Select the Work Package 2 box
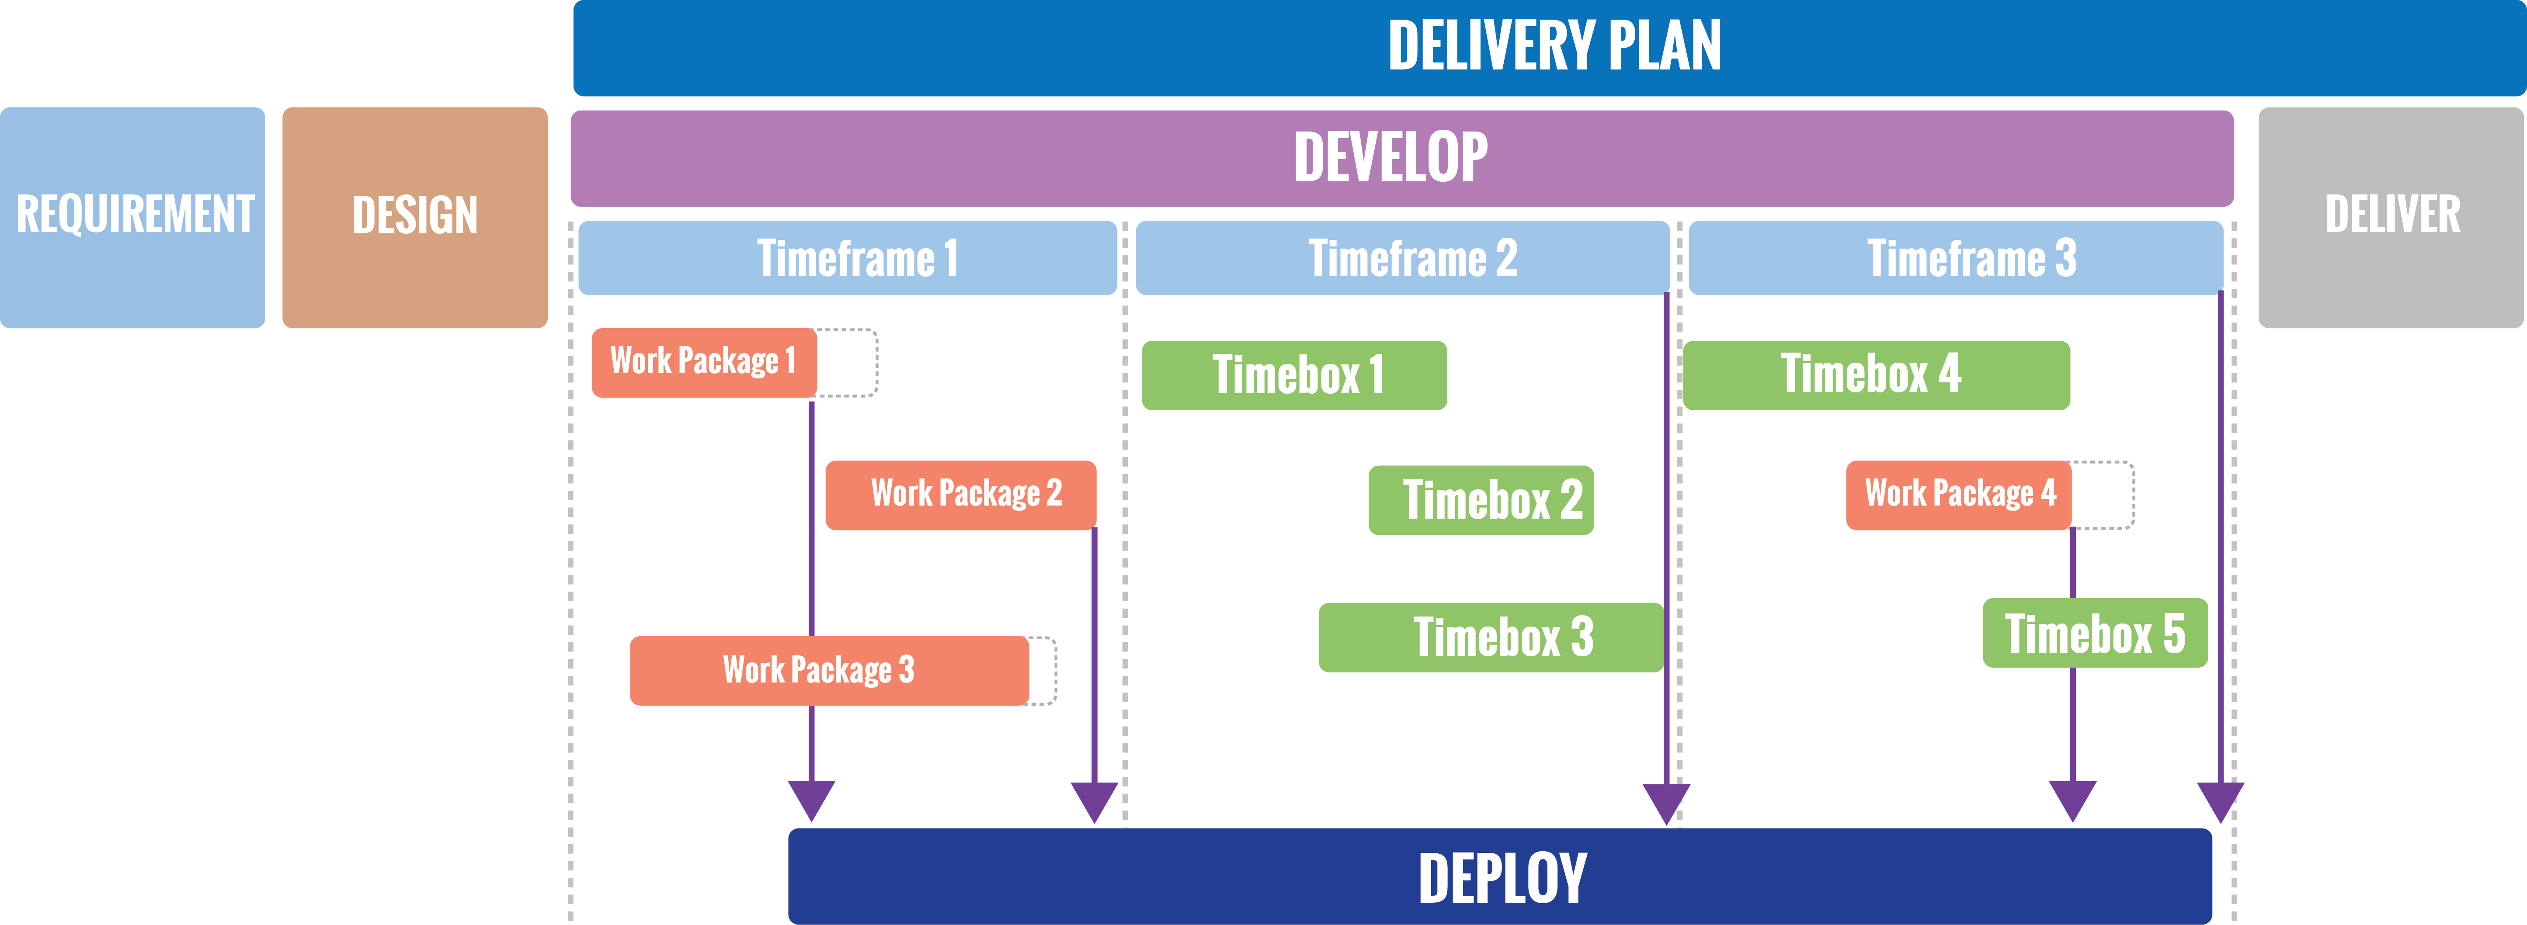(960, 494)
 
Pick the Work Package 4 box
(1958, 494)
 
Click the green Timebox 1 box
(1294, 375)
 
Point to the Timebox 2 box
(1480, 500)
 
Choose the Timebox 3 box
(1490, 637)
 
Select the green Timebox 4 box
(1876, 375)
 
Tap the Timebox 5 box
(2094, 634)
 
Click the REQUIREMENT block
(132, 217)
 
